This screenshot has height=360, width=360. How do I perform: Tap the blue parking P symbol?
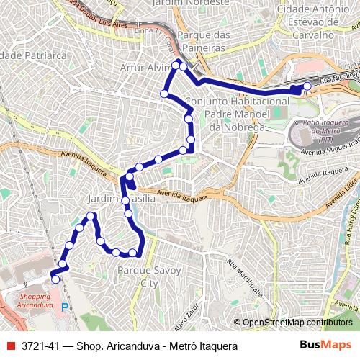pos(64,307)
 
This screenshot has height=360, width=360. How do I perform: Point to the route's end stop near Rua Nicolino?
pos(307,86)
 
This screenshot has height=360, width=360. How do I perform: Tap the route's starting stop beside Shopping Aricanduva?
pos(55,279)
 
